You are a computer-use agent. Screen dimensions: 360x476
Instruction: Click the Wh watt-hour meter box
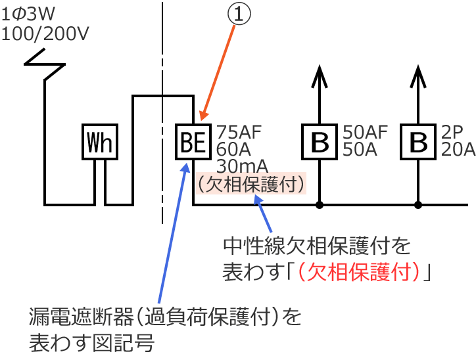(x=101, y=141)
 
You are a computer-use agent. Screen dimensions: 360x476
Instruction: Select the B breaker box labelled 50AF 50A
(x=320, y=141)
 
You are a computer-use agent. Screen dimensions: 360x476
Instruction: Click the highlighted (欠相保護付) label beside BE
(x=250, y=183)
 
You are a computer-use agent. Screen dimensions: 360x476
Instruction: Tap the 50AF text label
(x=366, y=132)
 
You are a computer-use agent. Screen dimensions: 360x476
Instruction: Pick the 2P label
(x=452, y=132)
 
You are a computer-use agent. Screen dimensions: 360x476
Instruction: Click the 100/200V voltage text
(x=45, y=32)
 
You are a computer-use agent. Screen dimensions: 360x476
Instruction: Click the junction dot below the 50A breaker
(x=320, y=205)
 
